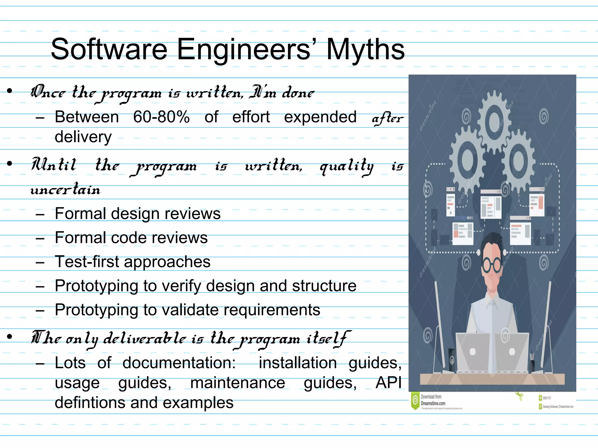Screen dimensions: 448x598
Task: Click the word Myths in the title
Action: pos(365,50)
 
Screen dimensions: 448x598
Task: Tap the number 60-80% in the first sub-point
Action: pos(161,117)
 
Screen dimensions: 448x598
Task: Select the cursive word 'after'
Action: pos(387,118)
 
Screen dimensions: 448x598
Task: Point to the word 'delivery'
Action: pos(83,137)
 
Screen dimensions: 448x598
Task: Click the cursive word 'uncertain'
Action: pos(65,190)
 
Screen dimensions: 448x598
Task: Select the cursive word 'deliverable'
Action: pos(145,338)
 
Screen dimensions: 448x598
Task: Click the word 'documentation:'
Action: pos(179,363)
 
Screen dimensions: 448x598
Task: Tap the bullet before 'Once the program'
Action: pos(10,91)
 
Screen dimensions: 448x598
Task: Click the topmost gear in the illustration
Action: pos(494,121)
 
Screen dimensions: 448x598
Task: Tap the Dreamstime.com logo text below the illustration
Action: pos(433,403)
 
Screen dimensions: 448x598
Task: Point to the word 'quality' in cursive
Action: pos(347,166)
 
